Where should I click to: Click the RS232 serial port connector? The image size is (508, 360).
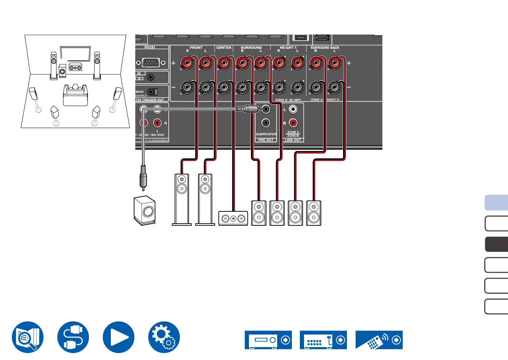tap(151, 63)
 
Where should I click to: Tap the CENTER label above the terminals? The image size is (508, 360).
tap(223, 48)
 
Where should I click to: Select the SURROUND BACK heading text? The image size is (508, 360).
tap(325, 47)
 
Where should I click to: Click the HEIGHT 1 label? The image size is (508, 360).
tap(288, 47)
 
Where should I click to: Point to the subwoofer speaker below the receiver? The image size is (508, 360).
tap(145, 210)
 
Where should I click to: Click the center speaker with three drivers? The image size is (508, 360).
tap(233, 218)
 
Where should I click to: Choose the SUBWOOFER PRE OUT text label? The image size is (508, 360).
tap(266, 134)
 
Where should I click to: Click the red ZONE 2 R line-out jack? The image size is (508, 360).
tap(293, 123)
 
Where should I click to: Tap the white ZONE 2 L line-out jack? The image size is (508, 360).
tap(293, 109)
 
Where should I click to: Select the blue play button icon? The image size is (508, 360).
tap(119, 337)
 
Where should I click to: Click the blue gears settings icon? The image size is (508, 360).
tap(164, 337)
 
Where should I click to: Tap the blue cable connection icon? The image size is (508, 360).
tap(73, 337)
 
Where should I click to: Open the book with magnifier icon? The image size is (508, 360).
tap(28, 337)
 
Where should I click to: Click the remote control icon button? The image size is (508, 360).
tap(379, 340)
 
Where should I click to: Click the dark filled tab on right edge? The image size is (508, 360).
tap(496, 244)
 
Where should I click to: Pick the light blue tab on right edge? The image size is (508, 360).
tap(496, 203)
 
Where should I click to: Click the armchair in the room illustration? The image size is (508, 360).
tap(75, 95)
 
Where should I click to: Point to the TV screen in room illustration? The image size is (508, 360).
tap(75, 54)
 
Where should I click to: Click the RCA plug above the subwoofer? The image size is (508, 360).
tap(143, 178)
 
